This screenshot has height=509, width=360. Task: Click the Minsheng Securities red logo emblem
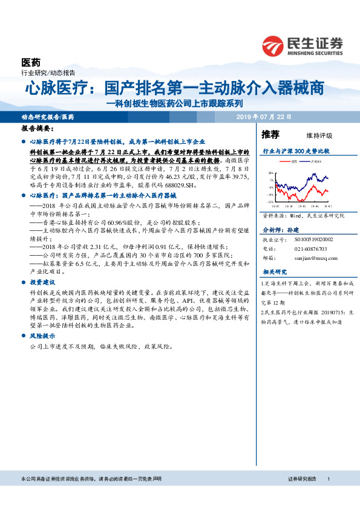273,45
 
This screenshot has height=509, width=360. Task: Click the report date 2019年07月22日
264,116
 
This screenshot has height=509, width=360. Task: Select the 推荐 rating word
270,134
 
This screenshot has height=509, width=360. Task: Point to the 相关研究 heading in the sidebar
275,273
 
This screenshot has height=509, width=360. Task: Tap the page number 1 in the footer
327,479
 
